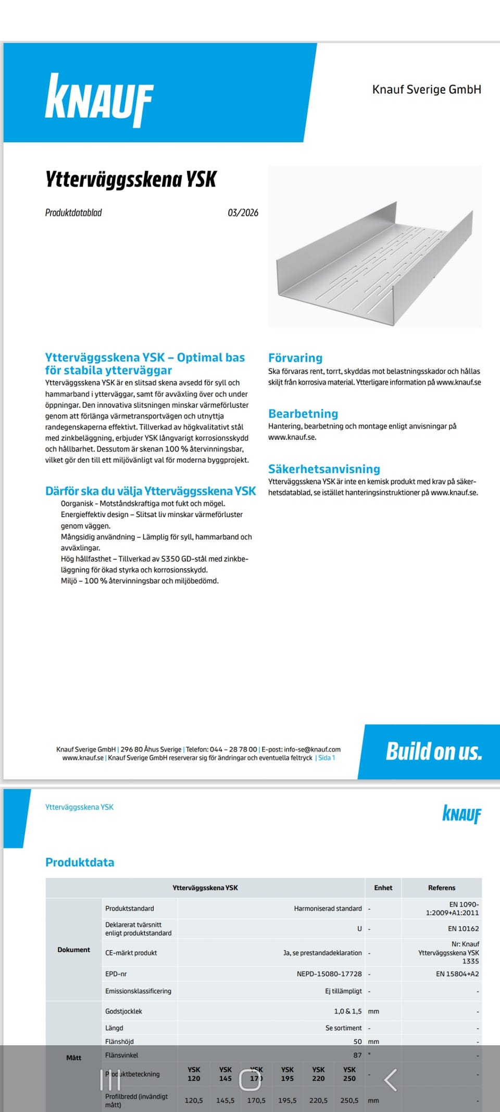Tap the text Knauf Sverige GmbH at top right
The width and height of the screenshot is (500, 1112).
(427, 89)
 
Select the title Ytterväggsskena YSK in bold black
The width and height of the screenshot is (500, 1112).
(131, 179)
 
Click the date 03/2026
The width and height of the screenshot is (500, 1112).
(243, 213)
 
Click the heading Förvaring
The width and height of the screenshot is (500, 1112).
(295, 358)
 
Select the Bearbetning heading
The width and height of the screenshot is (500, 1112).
(303, 413)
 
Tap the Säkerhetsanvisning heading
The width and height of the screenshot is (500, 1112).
(324, 469)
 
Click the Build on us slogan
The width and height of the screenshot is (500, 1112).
(434, 751)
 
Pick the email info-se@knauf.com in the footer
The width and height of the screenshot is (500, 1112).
(312, 749)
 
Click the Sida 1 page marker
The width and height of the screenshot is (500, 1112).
(327, 758)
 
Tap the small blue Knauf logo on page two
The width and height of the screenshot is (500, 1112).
(461, 814)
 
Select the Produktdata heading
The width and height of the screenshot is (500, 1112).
(80, 862)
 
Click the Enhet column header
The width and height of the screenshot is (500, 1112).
(383, 888)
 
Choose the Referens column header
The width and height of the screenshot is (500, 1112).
(442, 888)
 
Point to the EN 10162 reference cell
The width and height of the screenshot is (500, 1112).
(463, 928)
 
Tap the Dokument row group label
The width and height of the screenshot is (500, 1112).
(73, 950)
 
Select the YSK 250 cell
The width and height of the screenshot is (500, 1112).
(349, 1074)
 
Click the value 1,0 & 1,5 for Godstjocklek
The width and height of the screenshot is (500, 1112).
(347, 1011)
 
